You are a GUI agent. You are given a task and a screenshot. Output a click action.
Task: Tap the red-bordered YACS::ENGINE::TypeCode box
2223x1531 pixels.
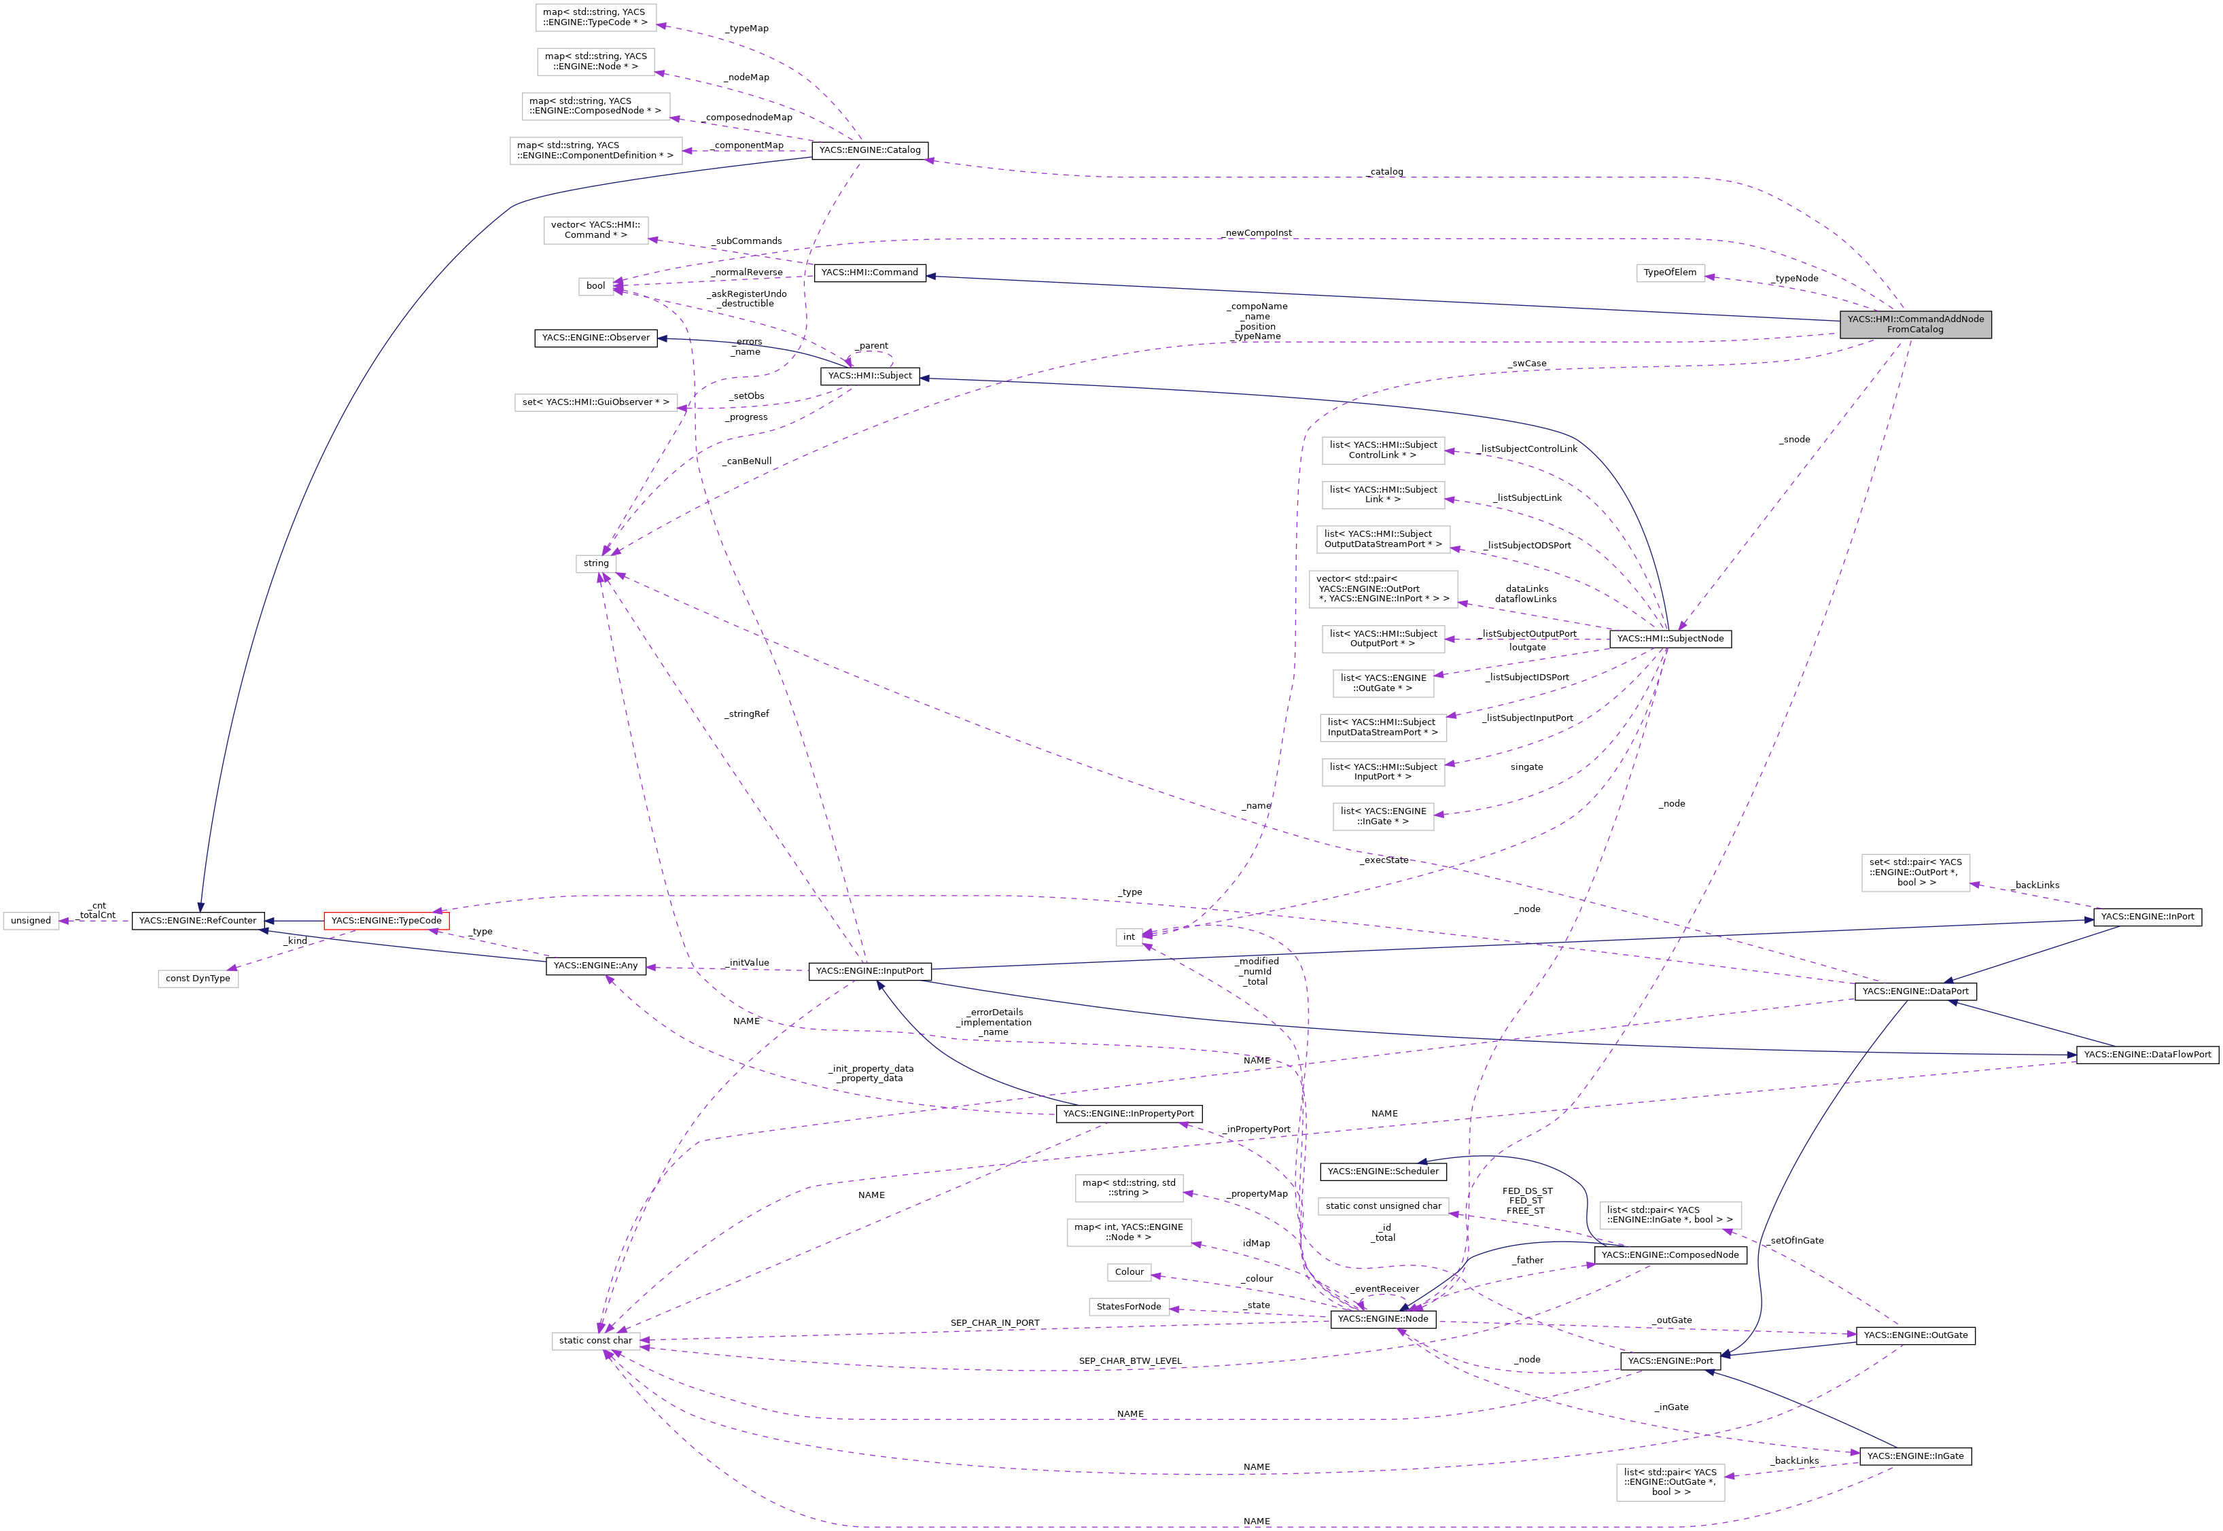386,920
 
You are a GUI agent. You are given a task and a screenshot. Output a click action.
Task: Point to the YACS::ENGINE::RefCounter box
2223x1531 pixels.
198,920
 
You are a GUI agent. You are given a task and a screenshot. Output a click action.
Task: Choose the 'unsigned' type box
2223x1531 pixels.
31,920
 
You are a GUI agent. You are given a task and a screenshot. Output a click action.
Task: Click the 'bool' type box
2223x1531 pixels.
596,286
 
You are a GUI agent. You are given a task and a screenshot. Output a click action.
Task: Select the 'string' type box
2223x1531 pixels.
596,563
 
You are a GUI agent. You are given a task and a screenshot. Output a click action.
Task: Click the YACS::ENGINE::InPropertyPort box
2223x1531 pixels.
1128,1113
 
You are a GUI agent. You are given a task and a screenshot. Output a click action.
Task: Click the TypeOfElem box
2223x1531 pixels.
1669,272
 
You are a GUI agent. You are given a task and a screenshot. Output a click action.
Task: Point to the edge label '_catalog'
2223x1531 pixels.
1386,172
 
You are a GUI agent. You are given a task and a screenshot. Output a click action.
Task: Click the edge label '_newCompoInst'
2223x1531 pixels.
1258,233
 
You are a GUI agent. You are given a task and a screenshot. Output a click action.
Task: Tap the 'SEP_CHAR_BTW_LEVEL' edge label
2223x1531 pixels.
1130,1360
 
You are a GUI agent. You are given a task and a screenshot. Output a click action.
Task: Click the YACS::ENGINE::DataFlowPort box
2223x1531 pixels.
2146,1054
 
